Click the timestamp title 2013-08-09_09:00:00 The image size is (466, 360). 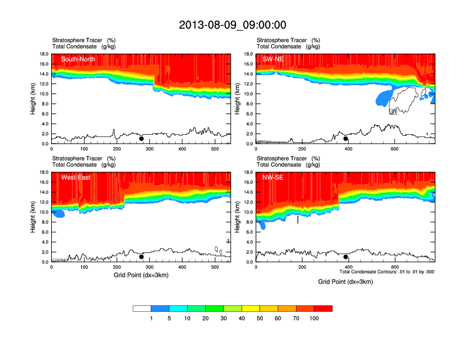click(x=232, y=25)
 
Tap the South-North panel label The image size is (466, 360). click(x=78, y=59)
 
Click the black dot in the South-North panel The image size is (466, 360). click(x=141, y=139)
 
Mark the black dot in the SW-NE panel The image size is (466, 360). click(x=346, y=139)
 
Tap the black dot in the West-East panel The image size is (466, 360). click(x=141, y=257)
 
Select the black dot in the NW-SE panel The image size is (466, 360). click(x=346, y=257)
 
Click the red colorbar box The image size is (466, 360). click(x=323, y=308)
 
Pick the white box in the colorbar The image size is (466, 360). click(x=142, y=308)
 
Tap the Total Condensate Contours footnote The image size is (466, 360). click(x=387, y=272)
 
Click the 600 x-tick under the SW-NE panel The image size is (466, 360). click(x=394, y=149)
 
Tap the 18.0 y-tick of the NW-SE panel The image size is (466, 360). click(x=248, y=172)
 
